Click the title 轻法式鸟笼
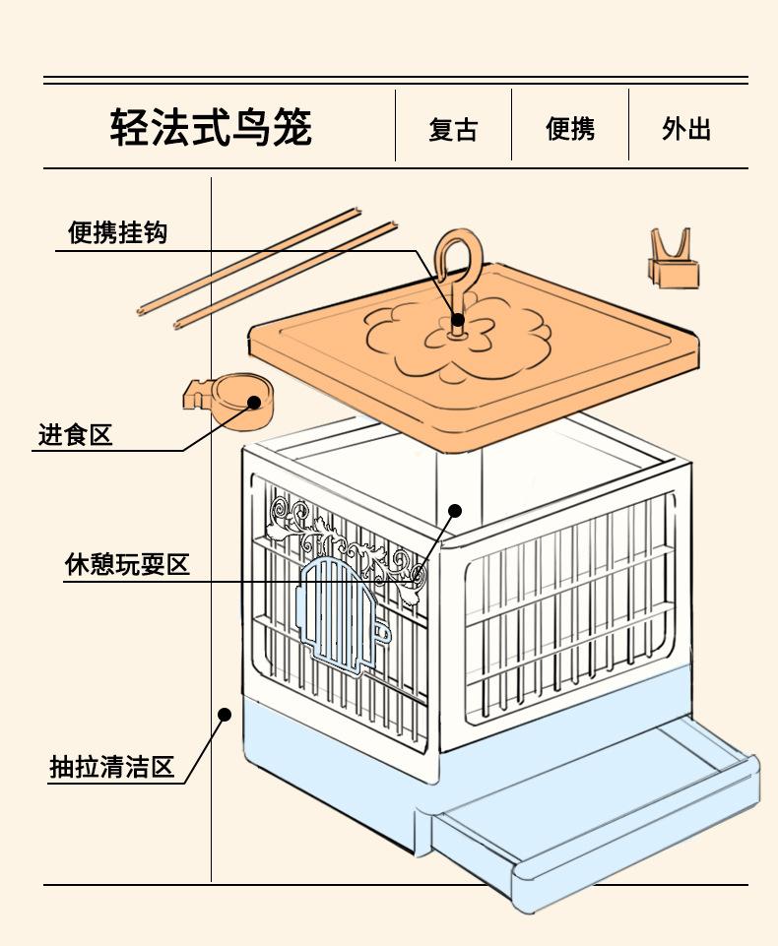click(x=211, y=127)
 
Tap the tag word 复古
click(x=453, y=130)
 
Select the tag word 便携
click(x=570, y=129)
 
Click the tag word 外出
click(x=686, y=129)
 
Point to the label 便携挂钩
click(x=117, y=232)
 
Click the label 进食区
click(x=76, y=434)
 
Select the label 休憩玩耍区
click(x=127, y=565)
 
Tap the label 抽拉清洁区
click(x=111, y=768)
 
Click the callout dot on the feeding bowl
click(x=254, y=402)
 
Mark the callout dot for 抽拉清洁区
click(x=225, y=715)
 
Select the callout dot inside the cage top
click(x=455, y=511)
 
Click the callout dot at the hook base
click(x=458, y=319)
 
